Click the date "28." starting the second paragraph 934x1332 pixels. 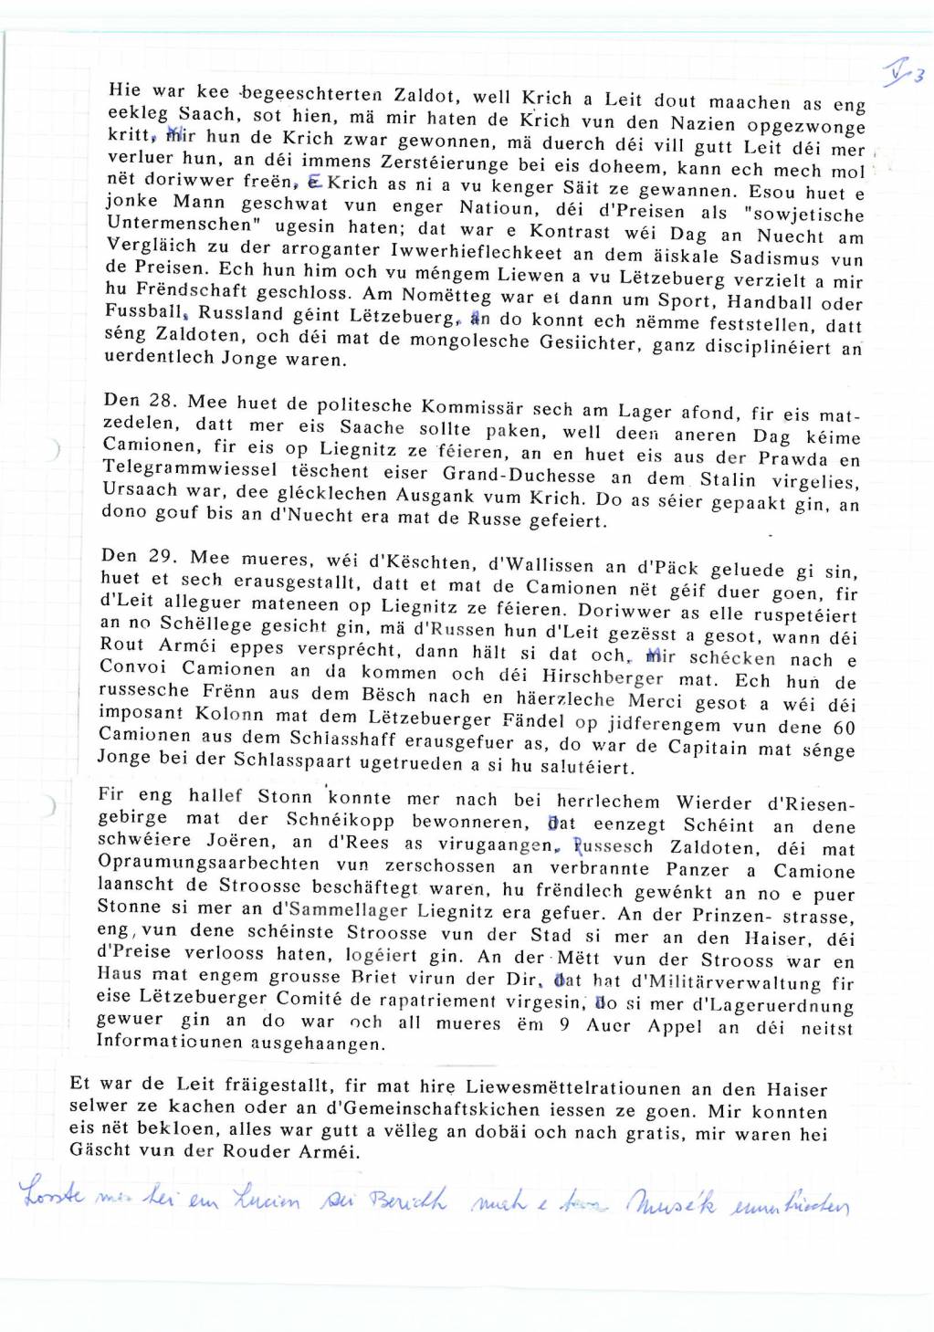[166, 400]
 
